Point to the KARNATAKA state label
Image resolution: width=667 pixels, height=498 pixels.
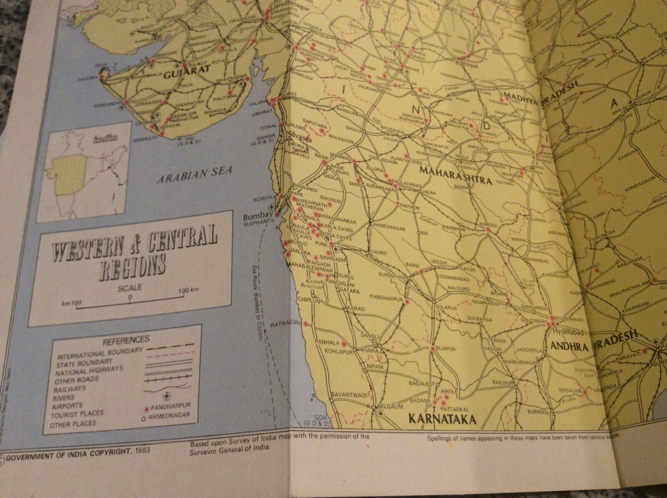coord(442,418)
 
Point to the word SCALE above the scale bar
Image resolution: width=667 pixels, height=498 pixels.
coord(130,288)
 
